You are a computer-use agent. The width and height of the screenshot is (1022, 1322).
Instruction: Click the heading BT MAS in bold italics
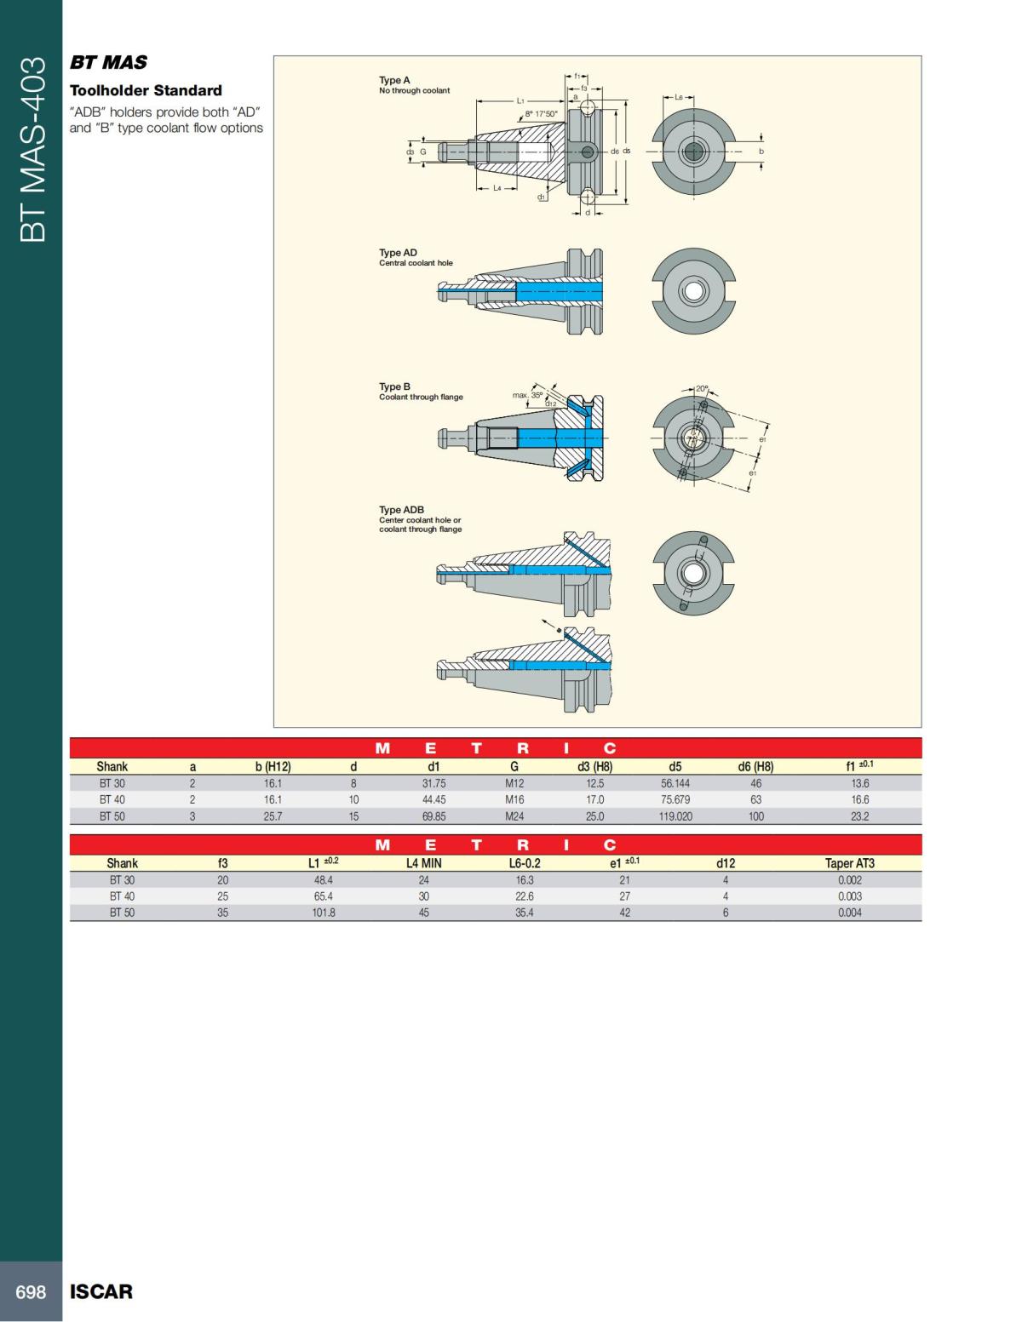coord(108,62)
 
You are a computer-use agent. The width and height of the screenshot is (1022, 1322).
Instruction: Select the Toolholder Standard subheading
coord(146,90)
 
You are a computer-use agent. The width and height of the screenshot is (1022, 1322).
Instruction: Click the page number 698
coord(31,1292)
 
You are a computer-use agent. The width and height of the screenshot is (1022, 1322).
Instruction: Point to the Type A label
coord(394,80)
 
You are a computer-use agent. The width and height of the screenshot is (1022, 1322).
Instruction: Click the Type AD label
coord(398,253)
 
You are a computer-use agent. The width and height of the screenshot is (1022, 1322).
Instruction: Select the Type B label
coord(394,386)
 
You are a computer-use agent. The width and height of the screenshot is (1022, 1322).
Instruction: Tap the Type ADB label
coord(401,510)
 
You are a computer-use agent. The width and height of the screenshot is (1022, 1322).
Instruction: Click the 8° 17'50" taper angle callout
coord(540,113)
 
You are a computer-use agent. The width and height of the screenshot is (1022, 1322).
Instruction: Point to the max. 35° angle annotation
coord(527,395)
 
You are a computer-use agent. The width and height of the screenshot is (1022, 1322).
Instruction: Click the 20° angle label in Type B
coord(702,388)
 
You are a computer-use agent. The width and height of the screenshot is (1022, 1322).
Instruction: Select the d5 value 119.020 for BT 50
coord(675,816)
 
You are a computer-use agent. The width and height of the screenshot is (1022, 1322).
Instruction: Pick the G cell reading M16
coord(514,800)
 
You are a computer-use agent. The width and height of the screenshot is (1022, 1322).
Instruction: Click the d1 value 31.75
coord(434,784)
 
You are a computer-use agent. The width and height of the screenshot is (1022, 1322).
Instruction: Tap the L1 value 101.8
coord(324,913)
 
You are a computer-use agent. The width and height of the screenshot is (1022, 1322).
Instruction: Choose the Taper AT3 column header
coord(849,863)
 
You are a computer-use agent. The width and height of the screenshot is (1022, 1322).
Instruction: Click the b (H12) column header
coord(273,767)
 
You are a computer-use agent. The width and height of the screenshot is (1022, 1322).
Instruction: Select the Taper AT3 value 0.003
coord(849,896)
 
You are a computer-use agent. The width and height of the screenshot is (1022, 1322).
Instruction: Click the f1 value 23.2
coord(860,816)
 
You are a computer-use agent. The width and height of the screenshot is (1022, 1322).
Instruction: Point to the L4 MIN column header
coord(423,863)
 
